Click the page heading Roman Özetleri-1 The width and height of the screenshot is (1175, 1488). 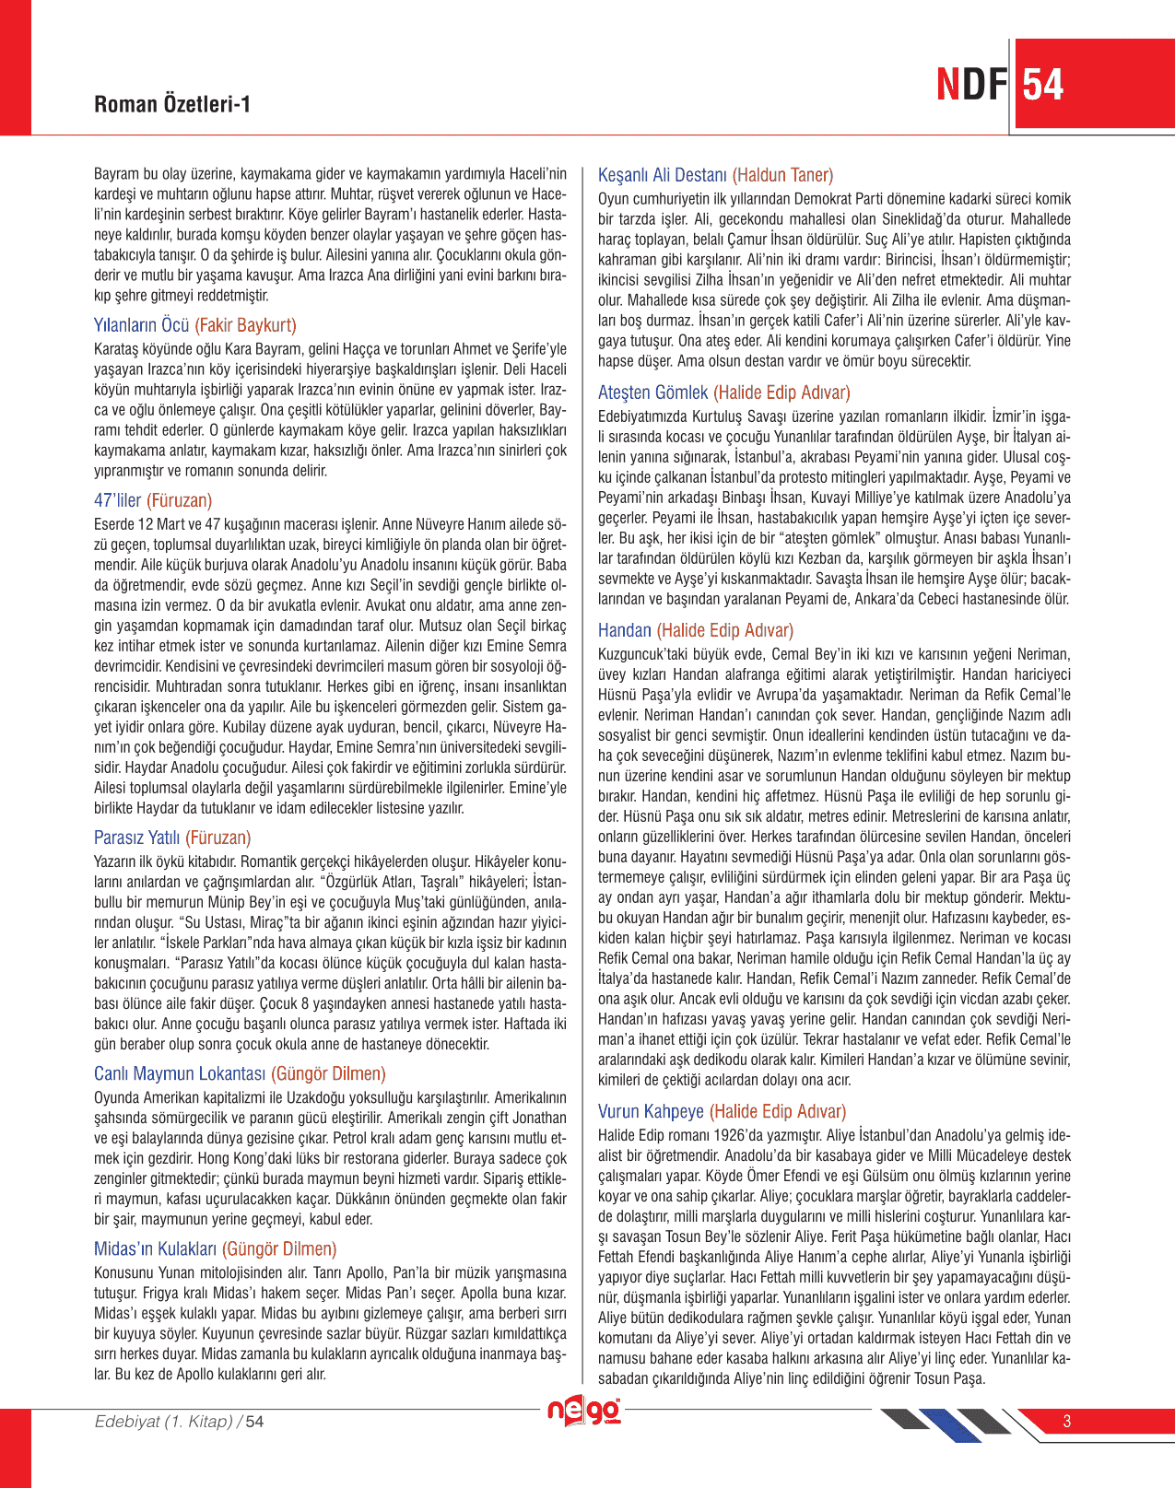172,104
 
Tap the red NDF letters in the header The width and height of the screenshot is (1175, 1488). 971,85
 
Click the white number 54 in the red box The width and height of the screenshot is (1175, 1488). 1043,85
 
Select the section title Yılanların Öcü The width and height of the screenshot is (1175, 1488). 141,325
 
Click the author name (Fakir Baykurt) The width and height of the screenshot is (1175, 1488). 245,325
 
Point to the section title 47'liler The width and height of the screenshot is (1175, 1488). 117,500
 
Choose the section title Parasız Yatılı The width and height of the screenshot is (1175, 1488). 136,838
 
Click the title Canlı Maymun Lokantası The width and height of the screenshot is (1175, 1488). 180,1073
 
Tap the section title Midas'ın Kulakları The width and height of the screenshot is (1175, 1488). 155,1248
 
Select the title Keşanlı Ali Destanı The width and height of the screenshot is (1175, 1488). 662,175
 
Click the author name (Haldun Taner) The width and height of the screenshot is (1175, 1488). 782,175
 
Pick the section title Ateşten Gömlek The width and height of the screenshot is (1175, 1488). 652,393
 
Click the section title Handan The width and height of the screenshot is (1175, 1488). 624,630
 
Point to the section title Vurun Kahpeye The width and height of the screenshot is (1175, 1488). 651,1111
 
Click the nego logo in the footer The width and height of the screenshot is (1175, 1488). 584,1412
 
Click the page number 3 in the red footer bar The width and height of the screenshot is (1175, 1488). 1067,1421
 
